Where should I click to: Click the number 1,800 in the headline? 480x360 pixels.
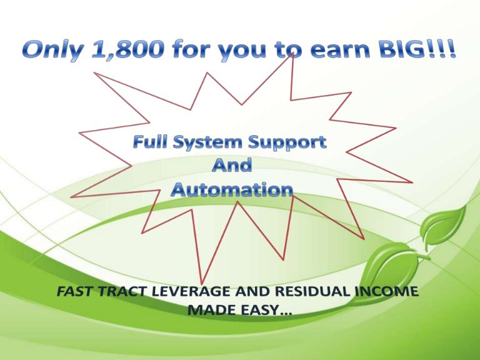click(x=127, y=49)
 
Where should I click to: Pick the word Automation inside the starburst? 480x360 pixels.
click(x=232, y=189)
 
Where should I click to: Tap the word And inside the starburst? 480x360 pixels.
click(x=232, y=165)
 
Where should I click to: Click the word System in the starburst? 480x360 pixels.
click(x=208, y=143)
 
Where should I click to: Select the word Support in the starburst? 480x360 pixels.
click(x=287, y=143)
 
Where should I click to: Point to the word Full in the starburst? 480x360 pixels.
click(x=150, y=142)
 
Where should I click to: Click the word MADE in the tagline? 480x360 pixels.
click(x=212, y=310)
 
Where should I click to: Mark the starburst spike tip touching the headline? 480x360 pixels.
click(x=292, y=53)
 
